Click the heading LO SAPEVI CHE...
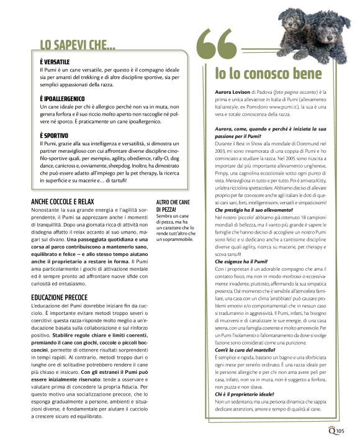pyautogui.click(x=78, y=45)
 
